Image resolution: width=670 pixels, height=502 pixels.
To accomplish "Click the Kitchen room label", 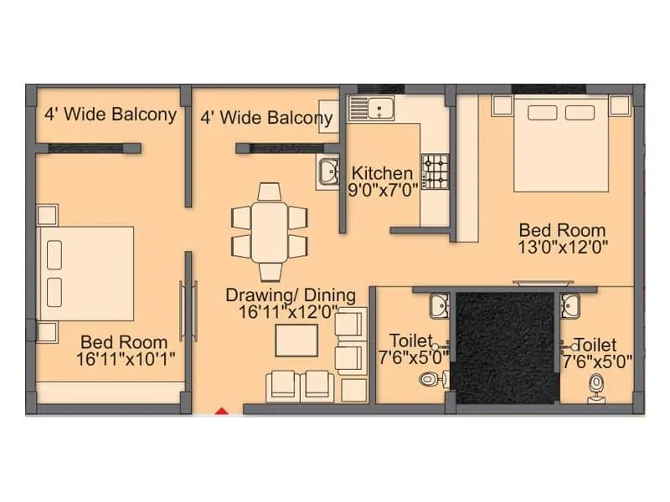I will [381, 173].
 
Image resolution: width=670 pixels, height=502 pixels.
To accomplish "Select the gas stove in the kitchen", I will [435, 172].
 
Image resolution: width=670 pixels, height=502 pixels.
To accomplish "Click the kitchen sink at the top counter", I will [373, 109].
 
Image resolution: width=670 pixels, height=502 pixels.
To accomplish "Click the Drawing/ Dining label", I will [291, 295].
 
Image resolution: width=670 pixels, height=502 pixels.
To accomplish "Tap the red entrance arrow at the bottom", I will [222, 410].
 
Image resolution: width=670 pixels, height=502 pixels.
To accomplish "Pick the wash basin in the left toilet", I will [439, 306].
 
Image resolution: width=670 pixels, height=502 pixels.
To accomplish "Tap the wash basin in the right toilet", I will [572, 306].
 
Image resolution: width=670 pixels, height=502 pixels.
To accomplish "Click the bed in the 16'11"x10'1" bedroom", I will [88, 273].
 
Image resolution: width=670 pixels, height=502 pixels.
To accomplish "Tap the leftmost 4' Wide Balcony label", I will [111, 115].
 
